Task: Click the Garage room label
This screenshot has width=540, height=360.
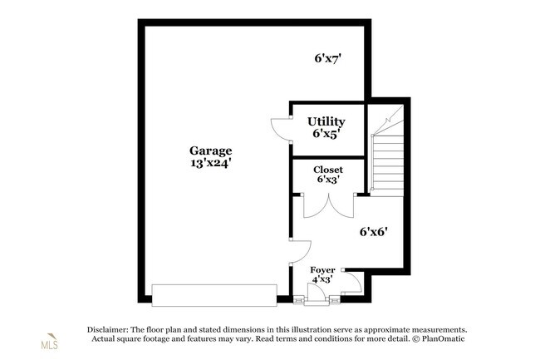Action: [210, 150]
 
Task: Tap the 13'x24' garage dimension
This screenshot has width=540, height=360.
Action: [210, 163]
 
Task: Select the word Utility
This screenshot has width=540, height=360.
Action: [326, 121]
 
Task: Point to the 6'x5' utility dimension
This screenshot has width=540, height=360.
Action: [326, 133]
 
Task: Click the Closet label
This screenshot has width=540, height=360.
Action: [328, 170]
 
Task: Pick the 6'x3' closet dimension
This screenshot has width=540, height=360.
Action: [328, 179]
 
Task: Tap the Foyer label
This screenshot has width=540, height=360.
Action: [322, 269]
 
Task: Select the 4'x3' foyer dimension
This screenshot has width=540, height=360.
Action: [322, 279]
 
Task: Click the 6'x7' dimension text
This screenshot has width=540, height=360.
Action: [327, 58]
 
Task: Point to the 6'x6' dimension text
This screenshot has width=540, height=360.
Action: [374, 232]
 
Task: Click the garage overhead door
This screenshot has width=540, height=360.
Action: [214, 295]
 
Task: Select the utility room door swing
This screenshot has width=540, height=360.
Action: [281, 130]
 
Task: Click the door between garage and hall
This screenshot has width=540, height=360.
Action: [301, 252]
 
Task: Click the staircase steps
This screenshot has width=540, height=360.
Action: [387, 165]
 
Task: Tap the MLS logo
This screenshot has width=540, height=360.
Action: [50, 342]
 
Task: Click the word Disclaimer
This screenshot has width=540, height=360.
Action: [107, 330]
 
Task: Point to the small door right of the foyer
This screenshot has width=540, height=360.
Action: [352, 283]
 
